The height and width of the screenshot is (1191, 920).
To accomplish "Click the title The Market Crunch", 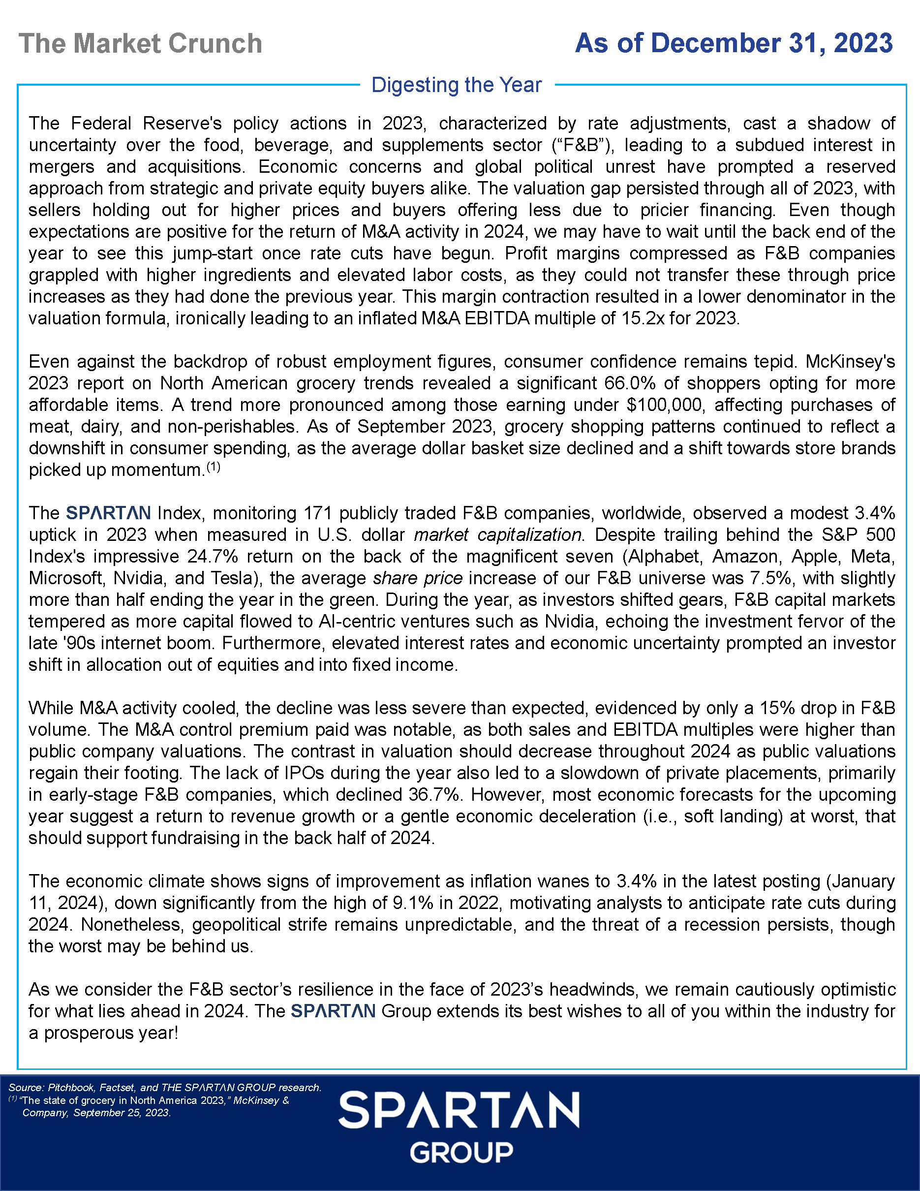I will point(140,44).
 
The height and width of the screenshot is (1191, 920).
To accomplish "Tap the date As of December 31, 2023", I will point(734,43).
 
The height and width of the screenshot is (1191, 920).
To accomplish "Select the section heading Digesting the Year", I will point(456,85).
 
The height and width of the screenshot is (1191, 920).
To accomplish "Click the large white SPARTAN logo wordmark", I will point(459,1110).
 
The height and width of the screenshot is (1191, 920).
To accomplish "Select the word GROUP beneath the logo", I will point(461,1153).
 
